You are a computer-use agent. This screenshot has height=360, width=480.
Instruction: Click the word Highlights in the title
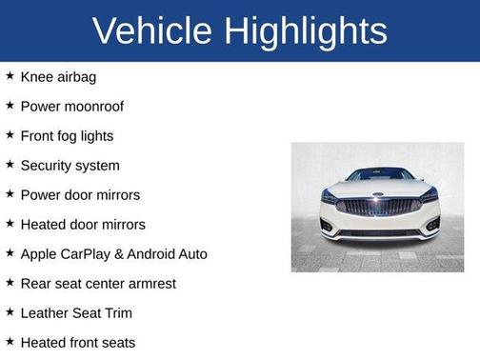point(303,30)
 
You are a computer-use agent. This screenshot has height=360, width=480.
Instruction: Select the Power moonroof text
point(72,106)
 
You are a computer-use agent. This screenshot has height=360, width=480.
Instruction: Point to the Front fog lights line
point(67,135)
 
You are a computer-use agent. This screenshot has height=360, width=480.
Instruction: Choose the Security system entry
point(70,165)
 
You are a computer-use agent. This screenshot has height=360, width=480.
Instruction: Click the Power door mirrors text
point(80,194)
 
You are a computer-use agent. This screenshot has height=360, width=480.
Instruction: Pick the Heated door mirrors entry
point(83,224)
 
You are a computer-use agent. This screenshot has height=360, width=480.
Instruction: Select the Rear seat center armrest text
point(98,283)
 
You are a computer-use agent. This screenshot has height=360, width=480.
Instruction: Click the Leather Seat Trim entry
point(76,312)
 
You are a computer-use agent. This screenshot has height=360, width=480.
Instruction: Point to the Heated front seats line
point(78,342)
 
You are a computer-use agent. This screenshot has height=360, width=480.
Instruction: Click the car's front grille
point(377,206)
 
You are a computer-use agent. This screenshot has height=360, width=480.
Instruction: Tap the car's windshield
point(378,175)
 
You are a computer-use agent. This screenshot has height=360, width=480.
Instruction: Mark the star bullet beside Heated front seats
point(10,341)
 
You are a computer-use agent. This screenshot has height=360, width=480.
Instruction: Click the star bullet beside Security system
point(10,164)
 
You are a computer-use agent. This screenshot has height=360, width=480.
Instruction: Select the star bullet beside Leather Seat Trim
point(10,311)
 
